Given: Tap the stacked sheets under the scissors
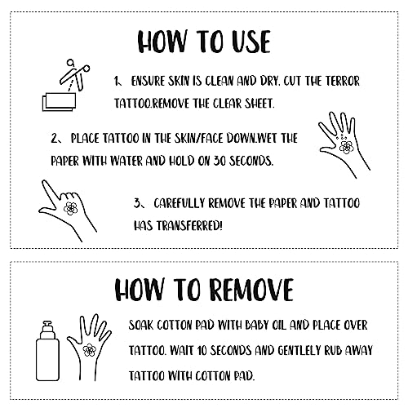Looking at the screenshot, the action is (x=59, y=102).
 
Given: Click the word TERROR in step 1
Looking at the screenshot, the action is (x=343, y=81).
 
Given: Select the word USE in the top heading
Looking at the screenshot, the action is (x=251, y=42).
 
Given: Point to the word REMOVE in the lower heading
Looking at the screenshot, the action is (x=252, y=290).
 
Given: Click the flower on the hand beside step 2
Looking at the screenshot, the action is (x=346, y=147).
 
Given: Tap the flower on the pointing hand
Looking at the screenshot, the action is (x=70, y=208).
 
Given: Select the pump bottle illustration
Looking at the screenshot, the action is (x=48, y=351).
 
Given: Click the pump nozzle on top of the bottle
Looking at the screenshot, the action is (x=47, y=326).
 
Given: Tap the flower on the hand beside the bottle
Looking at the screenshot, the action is (x=89, y=350).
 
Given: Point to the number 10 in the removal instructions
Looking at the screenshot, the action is (x=202, y=351).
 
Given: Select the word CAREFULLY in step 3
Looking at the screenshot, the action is (x=179, y=203).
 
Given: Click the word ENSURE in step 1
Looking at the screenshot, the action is (x=148, y=81).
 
